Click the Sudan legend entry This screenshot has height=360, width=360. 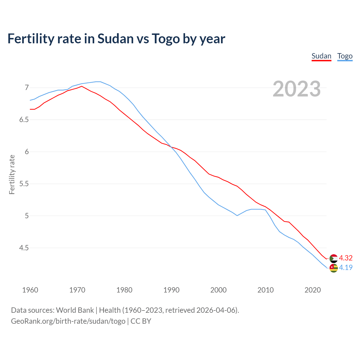tap(321, 56)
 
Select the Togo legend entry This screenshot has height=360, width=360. tap(345, 56)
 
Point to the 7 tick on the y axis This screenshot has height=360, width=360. tap(27, 88)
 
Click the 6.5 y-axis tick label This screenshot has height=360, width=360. tap(24, 120)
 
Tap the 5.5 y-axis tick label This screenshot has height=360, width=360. tap(24, 184)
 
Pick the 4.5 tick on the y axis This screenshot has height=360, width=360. tap(24, 248)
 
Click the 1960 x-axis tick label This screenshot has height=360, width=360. tap(30, 290)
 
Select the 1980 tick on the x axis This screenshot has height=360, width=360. tap(124, 290)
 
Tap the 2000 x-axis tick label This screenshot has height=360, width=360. tap(218, 290)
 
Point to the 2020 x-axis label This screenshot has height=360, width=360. tap(312, 290)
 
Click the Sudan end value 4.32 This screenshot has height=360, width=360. tap(346, 258)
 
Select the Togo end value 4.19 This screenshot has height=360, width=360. tap(346, 267)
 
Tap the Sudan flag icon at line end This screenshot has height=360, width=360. tap(334, 258)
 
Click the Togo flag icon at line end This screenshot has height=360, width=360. tap(334, 268)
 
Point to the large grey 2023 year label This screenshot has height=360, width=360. tap(296, 89)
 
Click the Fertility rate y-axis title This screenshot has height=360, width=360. tap(12, 174)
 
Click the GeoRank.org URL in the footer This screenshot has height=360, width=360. tap(68, 321)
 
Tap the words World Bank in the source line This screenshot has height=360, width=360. tap(75, 310)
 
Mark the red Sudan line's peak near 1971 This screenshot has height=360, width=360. tap(82, 86)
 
